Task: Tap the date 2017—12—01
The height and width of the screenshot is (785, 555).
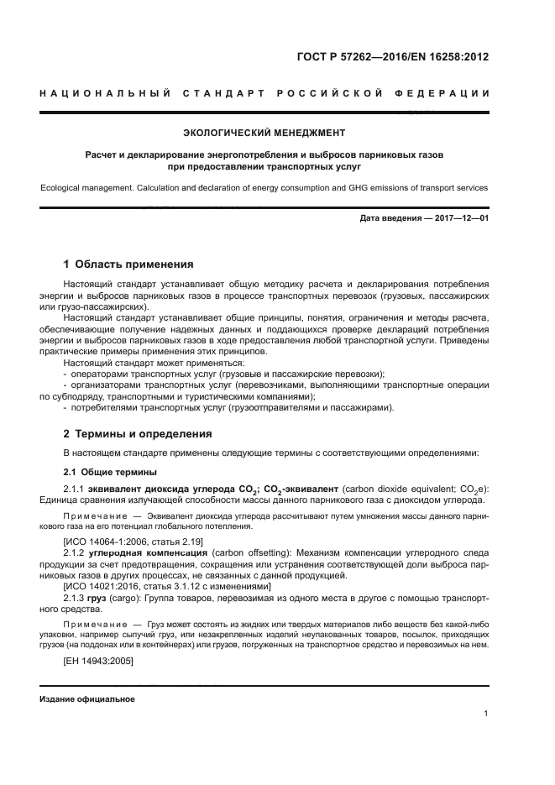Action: click(x=458, y=219)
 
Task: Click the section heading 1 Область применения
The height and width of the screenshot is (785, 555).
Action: click(x=128, y=264)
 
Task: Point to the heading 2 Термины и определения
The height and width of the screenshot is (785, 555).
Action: click(x=139, y=434)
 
